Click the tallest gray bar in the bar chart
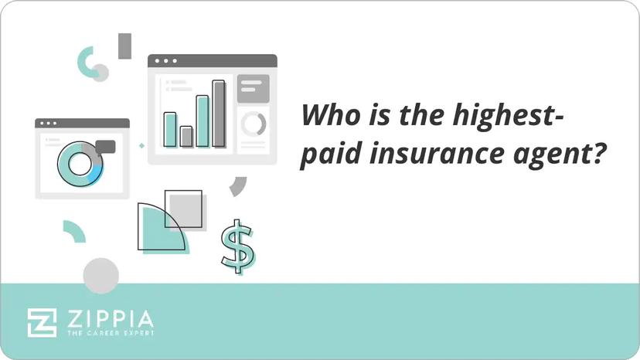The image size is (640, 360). coord(219,113)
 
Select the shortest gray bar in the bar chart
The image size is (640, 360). coord(186,136)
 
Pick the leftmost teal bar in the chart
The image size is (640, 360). coord(170,128)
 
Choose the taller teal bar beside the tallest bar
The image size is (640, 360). coord(203,121)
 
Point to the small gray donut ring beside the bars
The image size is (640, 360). coord(253,124)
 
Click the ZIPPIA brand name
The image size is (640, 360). coord(108,318)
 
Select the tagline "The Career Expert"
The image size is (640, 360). coord(108,334)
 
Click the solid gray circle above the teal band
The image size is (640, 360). coord(100,275)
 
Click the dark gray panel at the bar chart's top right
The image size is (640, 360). coord(253,88)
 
